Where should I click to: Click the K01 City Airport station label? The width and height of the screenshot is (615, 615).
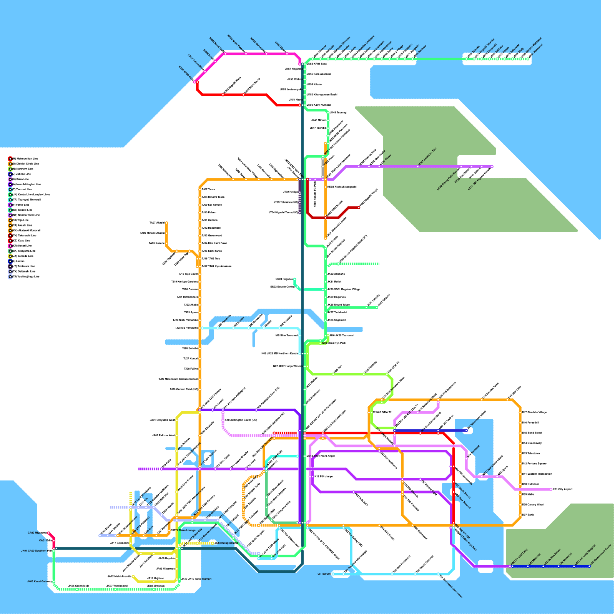[563, 489]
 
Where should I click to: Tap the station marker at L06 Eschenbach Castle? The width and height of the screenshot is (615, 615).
[589, 566]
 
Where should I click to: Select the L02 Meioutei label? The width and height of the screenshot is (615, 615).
[535, 559]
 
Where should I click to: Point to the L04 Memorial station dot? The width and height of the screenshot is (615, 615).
[558, 566]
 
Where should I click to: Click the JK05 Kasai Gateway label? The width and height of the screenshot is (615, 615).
[39, 582]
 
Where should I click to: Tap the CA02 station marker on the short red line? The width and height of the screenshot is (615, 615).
[48, 533]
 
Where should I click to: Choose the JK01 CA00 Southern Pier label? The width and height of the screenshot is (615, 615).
[36, 551]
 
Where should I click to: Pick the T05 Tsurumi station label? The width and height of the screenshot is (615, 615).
[324, 574]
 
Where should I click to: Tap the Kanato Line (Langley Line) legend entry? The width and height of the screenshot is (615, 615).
[31, 194]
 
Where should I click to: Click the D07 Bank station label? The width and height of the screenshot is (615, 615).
[528, 515]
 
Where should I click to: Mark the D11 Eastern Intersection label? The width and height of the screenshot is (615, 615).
[537, 474]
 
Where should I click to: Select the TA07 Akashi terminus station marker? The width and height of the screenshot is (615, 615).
[166, 223]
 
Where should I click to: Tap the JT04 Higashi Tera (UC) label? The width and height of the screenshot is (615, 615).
[283, 212]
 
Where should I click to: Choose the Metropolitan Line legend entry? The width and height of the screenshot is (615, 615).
[25, 158]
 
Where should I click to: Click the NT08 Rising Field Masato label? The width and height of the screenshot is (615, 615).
[449, 179]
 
